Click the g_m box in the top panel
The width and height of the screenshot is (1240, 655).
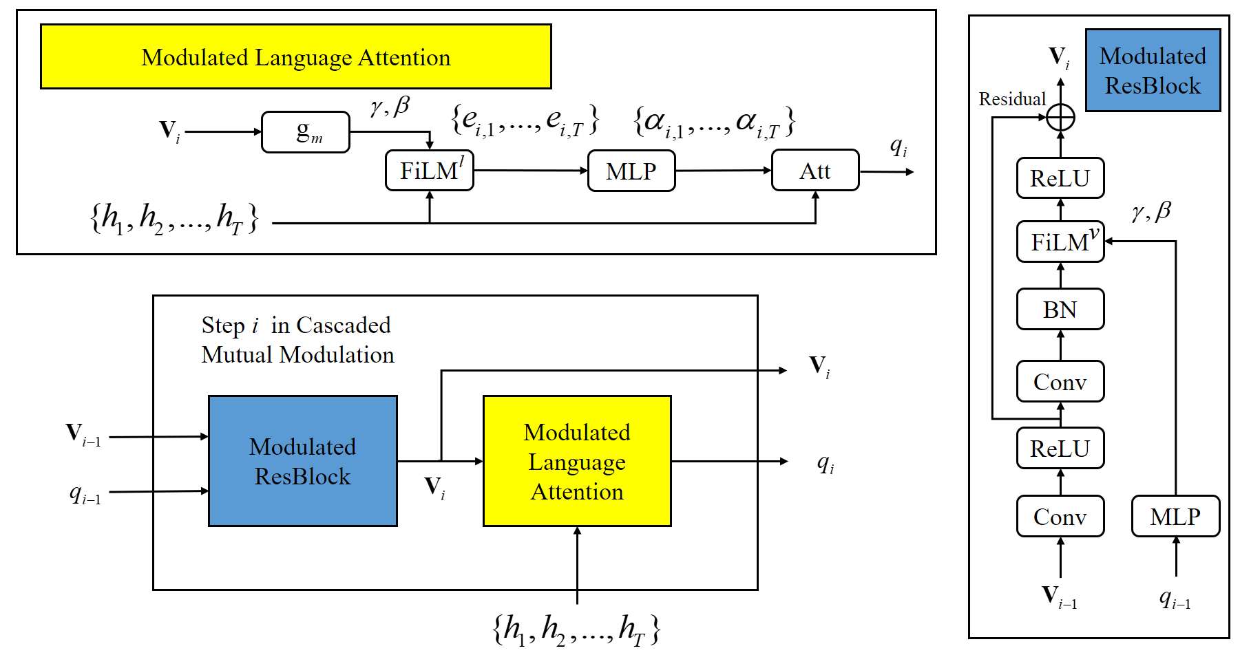pos(306,132)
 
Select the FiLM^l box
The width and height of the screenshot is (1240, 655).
pos(430,170)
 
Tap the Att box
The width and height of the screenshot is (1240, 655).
pos(815,170)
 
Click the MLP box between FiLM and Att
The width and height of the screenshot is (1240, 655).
pos(631,171)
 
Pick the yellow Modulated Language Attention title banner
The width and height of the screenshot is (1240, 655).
pos(296,57)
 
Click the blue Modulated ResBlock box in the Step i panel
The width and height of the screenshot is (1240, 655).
pos(303,461)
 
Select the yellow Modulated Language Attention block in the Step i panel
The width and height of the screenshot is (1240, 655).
pos(577,461)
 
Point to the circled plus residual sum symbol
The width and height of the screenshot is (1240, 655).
pos(1060,118)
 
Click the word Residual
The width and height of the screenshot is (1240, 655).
pos(1012,99)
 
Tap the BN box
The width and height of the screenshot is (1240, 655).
pos(1060,310)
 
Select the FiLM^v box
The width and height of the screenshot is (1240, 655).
pos(1060,241)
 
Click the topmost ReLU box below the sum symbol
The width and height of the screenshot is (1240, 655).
pos(1060,178)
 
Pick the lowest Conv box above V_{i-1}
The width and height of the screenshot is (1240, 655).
pos(1060,516)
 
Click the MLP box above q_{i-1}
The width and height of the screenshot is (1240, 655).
pos(1175,516)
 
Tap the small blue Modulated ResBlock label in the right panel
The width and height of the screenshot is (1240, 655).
pos(1153,70)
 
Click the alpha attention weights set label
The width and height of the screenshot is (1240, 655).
pos(714,122)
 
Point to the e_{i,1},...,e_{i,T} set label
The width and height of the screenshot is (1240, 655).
pos(525,120)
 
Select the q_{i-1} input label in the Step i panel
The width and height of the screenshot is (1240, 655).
pos(85,493)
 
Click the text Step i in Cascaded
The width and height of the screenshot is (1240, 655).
pos(296,325)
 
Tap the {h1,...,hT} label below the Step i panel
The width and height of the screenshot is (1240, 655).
pos(577,629)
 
